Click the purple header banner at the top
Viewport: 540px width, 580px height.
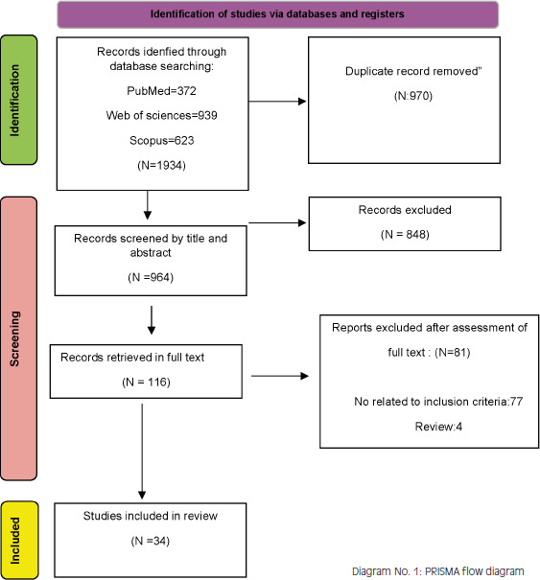[x=277, y=14]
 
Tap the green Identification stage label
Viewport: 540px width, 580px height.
[x=19, y=100]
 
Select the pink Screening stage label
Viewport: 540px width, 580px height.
[x=19, y=338]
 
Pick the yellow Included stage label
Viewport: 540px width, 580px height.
[x=19, y=540]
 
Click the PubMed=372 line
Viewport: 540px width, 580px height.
[x=161, y=91]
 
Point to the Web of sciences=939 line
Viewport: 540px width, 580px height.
[x=161, y=115]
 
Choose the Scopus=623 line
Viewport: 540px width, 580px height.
[x=162, y=141]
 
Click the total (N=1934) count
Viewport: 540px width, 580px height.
[x=161, y=165]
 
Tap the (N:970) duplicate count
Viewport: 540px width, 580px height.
[x=413, y=96]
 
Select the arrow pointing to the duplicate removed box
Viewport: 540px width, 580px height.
[x=277, y=102]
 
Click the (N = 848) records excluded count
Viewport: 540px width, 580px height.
[x=405, y=235]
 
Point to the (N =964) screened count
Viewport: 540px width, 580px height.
[x=151, y=277]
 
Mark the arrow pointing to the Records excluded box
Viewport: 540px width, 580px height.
[x=277, y=222]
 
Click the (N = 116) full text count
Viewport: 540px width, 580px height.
[x=146, y=382]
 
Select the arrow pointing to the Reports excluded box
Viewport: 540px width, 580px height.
[x=280, y=376]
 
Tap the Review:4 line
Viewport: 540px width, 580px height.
[x=438, y=427]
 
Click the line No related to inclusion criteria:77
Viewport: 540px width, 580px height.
[x=438, y=402]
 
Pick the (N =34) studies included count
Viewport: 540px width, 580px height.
[x=151, y=541]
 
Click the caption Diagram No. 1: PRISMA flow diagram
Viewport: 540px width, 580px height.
[x=437, y=571]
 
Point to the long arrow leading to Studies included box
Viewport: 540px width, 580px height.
[x=142, y=452]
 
